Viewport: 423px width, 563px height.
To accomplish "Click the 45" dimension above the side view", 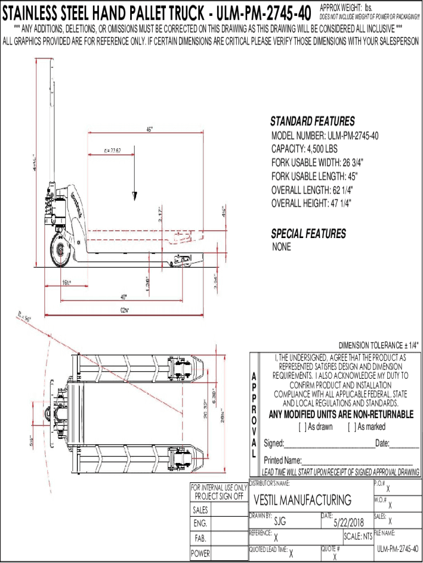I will pos(149,130).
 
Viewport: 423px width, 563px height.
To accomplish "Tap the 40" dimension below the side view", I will pos(123,297).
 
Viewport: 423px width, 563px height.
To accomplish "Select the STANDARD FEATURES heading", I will pos(312,122).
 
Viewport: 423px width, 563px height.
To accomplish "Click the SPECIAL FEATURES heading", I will pos(308,234).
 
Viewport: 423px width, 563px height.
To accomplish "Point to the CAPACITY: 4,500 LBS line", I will pos(304,149).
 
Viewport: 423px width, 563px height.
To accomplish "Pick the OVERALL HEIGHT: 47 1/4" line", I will pos(311,203).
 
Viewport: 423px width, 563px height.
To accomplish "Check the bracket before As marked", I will pos(351,427).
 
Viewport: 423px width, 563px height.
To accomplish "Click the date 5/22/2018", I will pos(349,521).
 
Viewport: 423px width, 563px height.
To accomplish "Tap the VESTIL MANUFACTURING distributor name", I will pos(303,500).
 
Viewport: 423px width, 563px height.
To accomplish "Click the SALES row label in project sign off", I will pos(200,511).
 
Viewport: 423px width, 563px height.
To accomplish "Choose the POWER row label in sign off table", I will pos(200,554).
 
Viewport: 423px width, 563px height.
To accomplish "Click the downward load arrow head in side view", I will pos(134,196).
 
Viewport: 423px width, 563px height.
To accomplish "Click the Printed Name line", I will pos(357,461).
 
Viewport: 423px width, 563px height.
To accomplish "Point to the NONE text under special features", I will pos(281,247).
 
